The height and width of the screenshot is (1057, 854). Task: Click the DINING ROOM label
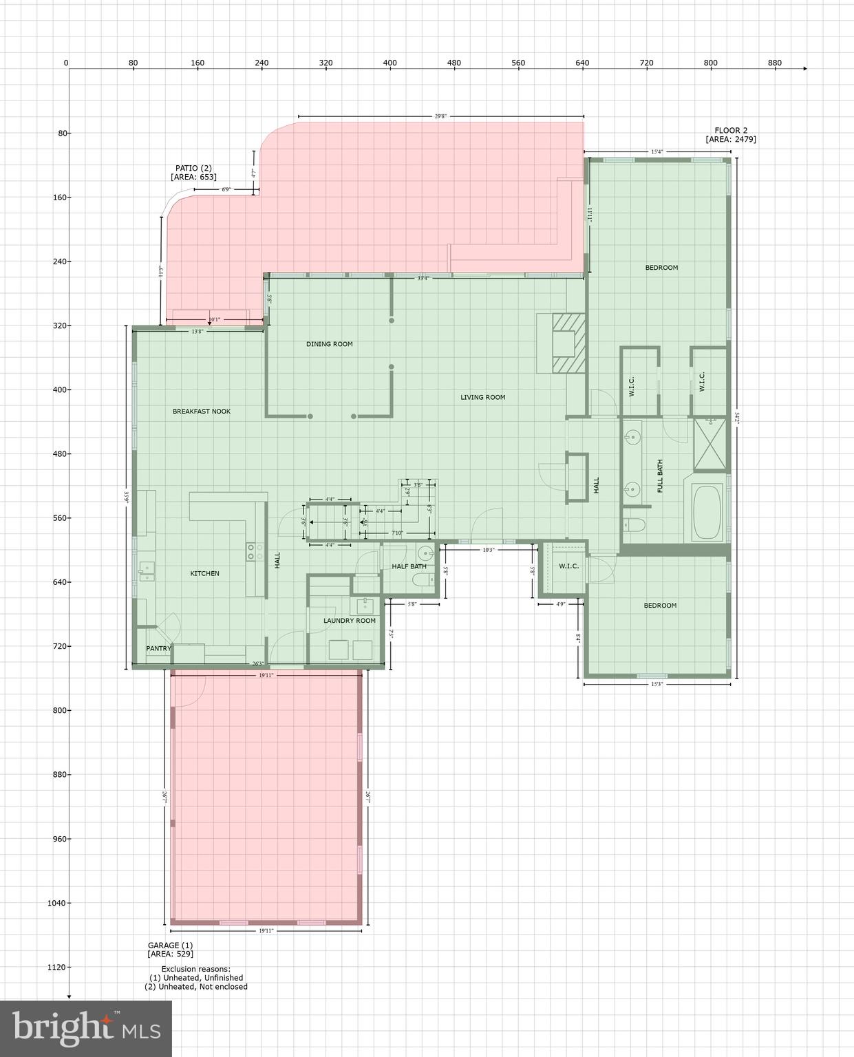329,344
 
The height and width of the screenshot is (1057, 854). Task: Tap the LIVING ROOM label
483,397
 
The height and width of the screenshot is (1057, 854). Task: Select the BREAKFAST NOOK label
202,412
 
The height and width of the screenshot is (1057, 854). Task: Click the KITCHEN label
205,573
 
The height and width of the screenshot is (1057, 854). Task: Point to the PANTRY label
158,648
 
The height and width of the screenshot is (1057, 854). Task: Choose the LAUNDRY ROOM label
350,621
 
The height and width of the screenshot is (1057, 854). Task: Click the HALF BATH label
409,566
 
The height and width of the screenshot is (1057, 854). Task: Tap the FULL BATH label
660,476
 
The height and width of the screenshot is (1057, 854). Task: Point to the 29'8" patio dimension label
440,116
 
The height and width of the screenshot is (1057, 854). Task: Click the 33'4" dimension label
423,278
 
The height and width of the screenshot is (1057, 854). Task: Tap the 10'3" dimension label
489,550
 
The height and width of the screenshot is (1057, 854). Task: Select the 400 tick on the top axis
390,63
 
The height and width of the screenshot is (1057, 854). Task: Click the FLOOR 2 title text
731,130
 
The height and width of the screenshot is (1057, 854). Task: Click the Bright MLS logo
86,1028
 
